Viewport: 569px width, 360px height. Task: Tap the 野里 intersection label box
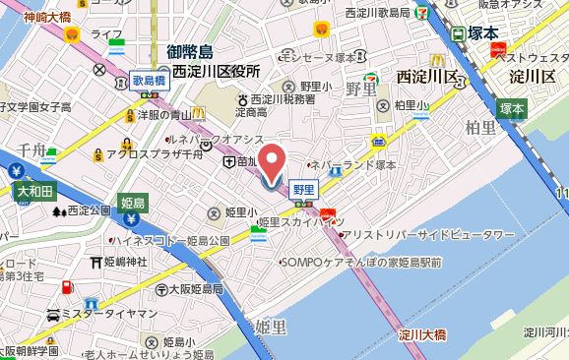pos(304,187)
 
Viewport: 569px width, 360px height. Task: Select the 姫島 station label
pos(132,203)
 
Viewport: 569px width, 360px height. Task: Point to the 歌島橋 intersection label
pos(149,82)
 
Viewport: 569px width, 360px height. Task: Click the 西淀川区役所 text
pos(216,72)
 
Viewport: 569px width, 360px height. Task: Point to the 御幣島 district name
pos(204,52)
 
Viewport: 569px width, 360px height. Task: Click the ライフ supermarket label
pos(105,34)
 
